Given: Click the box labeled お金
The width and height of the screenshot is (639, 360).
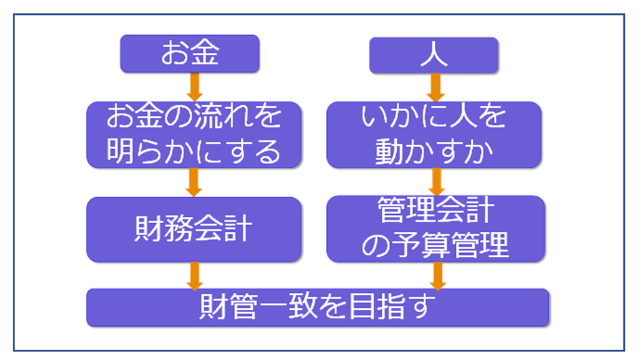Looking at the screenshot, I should (189, 54).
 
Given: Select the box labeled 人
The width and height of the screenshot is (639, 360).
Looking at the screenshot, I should (433, 55).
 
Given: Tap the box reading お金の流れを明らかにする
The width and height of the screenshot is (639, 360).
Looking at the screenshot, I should (193, 134).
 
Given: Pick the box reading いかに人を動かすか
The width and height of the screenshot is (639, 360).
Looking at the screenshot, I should (433, 134).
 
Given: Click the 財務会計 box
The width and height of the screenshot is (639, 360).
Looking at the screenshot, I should (193, 229).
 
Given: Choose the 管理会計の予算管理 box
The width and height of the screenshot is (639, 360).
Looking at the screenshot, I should (433, 229).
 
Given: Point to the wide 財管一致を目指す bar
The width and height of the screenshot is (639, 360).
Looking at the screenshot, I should (317, 308).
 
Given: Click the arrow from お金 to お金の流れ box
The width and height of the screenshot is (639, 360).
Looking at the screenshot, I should (193, 87).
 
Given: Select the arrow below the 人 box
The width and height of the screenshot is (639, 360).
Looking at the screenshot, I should (434, 87).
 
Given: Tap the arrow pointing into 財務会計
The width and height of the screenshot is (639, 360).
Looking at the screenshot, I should (193, 182).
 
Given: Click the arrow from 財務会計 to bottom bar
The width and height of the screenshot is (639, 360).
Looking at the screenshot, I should (193, 275).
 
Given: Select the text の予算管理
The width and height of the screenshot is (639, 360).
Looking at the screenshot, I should (435, 246).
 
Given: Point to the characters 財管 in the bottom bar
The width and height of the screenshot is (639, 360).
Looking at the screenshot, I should (229, 308).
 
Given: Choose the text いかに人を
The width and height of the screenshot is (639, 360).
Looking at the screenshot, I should (433, 117).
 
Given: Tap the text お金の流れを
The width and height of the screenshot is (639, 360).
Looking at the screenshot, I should (193, 117).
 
